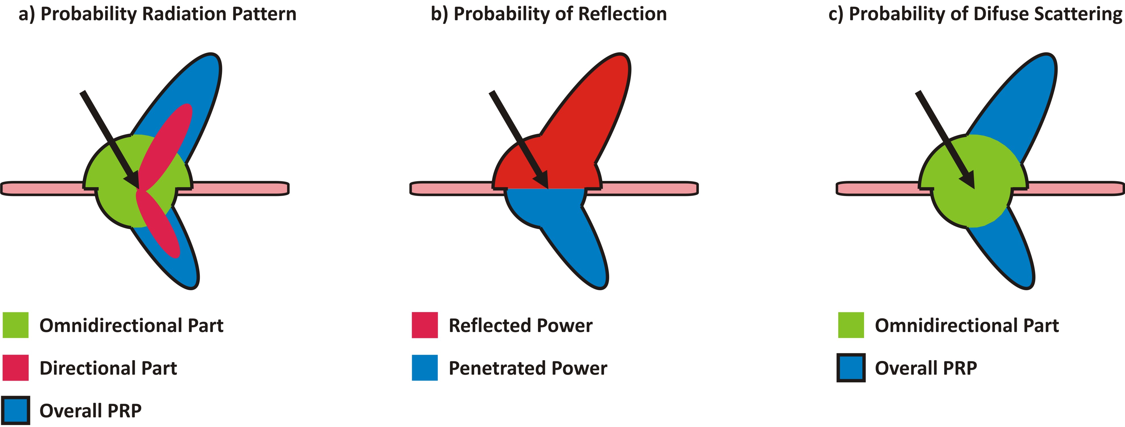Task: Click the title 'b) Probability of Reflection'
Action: click(x=549, y=14)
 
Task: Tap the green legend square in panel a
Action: click(x=16, y=325)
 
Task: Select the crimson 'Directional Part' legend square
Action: click(x=16, y=368)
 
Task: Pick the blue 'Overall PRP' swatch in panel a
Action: click(x=16, y=411)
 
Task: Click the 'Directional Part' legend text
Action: click(x=108, y=368)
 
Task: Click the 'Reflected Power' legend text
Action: click(x=520, y=326)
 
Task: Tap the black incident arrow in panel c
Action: click(x=946, y=141)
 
